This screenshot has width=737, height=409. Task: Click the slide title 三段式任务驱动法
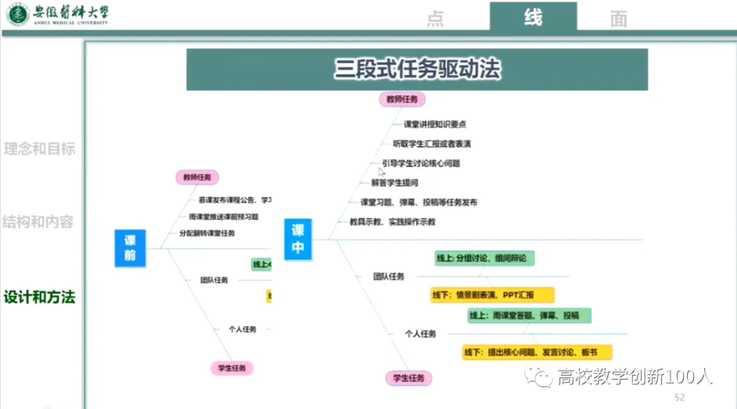click(417, 70)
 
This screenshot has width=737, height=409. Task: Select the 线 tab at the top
click(533, 17)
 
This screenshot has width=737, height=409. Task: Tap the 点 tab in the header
click(435, 19)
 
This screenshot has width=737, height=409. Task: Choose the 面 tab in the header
click(618, 19)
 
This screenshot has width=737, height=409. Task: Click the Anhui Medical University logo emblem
click(18, 14)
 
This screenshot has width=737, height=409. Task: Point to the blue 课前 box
click(130, 248)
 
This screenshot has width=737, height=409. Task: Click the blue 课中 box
click(298, 239)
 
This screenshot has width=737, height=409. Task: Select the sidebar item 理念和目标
click(40, 149)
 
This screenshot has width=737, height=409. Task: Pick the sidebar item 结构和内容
click(38, 222)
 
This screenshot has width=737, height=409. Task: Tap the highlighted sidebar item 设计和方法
click(40, 297)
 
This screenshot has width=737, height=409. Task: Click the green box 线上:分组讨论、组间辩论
click(485, 258)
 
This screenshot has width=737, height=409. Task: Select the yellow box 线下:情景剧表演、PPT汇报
click(491, 295)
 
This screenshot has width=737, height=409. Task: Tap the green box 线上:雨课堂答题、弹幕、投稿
click(529, 315)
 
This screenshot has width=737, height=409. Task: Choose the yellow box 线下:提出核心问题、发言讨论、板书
click(536, 352)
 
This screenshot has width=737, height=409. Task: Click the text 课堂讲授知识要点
click(435, 124)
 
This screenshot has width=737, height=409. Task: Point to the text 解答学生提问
click(394, 183)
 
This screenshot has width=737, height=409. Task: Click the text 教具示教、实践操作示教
click(392, 222)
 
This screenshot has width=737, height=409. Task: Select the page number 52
click(679, 397)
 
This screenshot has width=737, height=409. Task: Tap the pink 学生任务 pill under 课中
click(408, 378)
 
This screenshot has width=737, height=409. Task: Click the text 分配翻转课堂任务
click(207, 233)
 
